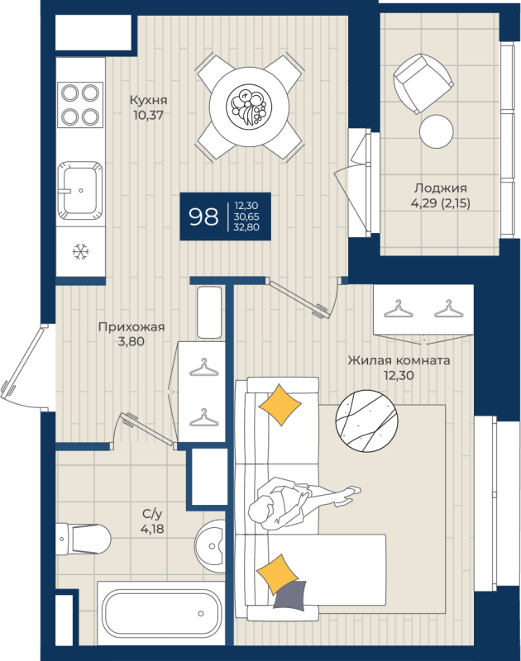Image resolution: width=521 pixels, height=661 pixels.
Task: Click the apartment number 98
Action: (x=203, y=217)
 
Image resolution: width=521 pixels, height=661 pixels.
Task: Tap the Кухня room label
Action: (x=148, y=100)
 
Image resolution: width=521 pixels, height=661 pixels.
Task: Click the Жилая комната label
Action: (x=399, y=360)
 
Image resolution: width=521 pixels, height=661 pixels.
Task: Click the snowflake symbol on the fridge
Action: (x=81, y=251)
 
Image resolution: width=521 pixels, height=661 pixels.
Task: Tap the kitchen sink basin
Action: (x=80, y=188)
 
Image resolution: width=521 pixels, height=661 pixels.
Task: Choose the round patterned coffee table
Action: (x=369, y=421)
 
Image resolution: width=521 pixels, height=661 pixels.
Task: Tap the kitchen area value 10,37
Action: (x=148, y=116)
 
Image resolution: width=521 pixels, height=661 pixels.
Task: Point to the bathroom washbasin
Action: (x=212, y=545)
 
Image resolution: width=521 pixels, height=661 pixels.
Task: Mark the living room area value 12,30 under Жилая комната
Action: (x=399, y=374)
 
